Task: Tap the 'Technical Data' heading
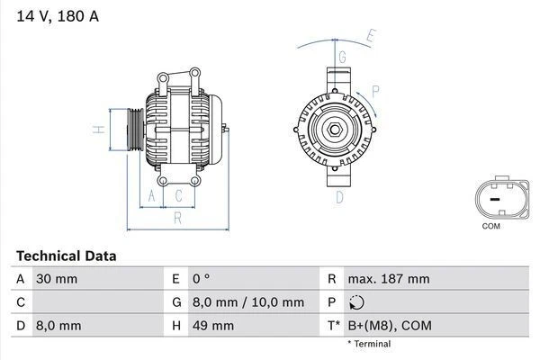point(66,256)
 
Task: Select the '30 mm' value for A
point(57,279)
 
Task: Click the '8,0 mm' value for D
point(58,325)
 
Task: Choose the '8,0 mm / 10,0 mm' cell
point(248,302)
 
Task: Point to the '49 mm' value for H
point(212,325)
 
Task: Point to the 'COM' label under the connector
point(490,226)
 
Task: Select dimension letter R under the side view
point(177,217)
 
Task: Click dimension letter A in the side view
point(152,195)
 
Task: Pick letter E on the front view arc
point(370,36)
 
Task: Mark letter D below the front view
point(340,197)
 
